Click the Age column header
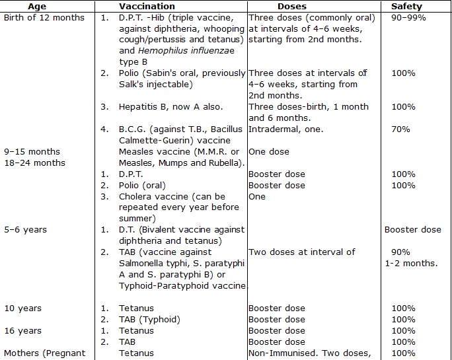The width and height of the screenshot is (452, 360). [x=37, y=6]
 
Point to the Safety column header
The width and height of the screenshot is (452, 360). [x=406, y=6]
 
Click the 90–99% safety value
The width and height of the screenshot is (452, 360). [x=408, y=17]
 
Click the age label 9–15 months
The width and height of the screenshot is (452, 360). [x=32, y=151]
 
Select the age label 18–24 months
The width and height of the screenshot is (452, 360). [x=35, y=162]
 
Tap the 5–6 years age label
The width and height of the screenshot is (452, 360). [x=25, y=230]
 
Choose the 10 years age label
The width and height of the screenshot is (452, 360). [x=23, y=308]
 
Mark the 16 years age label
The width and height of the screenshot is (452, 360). [x=23, y=331]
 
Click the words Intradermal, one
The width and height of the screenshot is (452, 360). [x=286, y=129]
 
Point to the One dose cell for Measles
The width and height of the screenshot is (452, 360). [x=269, y=151]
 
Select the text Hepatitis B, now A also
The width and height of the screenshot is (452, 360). [x=171, y=106]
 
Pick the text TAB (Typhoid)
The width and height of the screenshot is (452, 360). [x=149, y=320]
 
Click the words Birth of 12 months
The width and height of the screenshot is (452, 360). [x=44, y=17]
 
